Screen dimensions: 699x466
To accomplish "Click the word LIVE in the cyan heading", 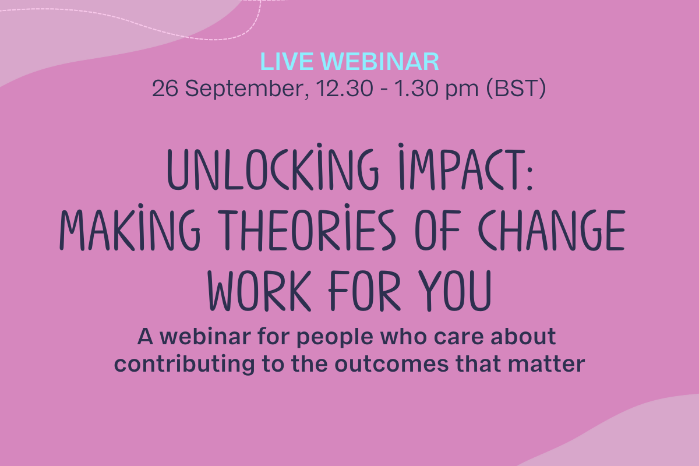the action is (287, 62).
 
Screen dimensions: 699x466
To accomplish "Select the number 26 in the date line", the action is (165, 88).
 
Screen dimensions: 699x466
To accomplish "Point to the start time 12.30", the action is (344, 88).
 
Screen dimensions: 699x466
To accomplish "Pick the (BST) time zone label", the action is (516, 89).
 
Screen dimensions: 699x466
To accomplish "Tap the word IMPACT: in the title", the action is (465, 167).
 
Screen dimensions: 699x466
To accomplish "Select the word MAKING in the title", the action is (130, 228).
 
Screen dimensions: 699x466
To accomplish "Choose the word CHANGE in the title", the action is (552, 230).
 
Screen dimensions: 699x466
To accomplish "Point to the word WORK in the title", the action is (259, 291).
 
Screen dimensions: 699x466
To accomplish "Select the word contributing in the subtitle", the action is (185, 364).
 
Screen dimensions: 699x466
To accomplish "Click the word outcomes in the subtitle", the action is (391, 364).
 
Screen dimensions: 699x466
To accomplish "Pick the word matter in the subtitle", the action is (546, 364).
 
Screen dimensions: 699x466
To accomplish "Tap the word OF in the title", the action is (438, 230).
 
